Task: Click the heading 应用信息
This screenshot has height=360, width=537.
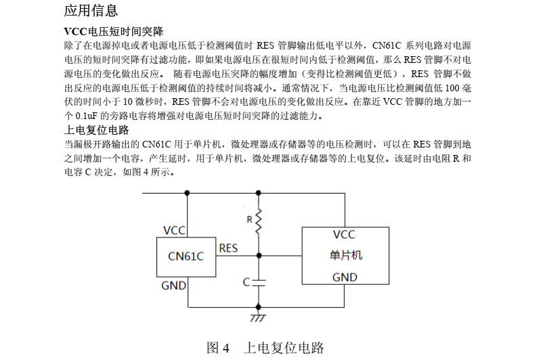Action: (91, 11)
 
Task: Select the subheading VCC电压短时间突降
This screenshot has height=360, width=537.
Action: (113, 32)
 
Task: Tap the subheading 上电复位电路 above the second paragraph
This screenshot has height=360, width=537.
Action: (96, 130)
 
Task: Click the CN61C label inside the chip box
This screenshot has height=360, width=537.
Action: (186, 256)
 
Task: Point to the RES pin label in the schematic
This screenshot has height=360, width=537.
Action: (228, 248)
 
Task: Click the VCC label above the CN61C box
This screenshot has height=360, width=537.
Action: (174, 231)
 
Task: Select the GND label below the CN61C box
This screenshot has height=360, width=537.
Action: (173, 286)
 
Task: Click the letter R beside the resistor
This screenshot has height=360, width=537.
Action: (249, 219)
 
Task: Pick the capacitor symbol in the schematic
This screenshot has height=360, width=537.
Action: (257, 281)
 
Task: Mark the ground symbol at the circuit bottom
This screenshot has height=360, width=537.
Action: (257, 317)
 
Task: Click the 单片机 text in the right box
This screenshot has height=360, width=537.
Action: (345, 255)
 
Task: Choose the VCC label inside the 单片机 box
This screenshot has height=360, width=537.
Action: (344, 235)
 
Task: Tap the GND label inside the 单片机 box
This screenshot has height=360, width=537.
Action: (345, 277)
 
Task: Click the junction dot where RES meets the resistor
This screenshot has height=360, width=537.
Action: (257, 256)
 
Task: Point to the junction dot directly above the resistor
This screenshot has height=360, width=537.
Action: (257, 193)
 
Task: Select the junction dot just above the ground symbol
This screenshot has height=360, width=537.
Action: (257, 307)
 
